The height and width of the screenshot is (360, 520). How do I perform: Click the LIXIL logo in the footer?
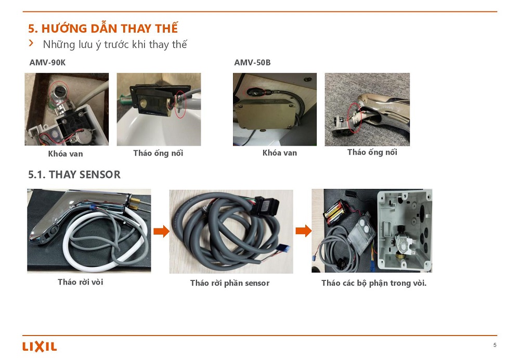pos(40,346)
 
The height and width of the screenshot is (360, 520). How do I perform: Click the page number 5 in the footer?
pos(495,345)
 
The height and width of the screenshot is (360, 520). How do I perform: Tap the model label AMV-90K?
pos(47,62)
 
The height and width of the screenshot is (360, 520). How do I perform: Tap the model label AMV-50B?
pos(252,62)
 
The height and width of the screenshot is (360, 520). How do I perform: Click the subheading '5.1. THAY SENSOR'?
pos(74,174)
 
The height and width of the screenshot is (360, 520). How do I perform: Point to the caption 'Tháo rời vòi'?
pos(80,282)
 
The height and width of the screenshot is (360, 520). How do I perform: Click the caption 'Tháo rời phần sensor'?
pos(229,283)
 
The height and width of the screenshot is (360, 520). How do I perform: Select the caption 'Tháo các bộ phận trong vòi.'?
pos(373,283)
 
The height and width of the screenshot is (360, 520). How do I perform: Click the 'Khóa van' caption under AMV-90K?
pos(66,153)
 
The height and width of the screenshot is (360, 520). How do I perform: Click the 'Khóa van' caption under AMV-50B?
pos(280,153)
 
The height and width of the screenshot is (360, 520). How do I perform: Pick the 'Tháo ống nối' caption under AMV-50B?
pos(372,152)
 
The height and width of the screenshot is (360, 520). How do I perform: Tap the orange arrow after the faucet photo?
pos(162,231)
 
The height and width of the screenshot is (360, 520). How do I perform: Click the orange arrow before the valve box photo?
pos(303,231)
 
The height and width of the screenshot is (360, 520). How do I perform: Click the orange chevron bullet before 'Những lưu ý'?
pos(31,44)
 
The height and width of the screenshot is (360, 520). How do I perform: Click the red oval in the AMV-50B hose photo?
pos(355,118)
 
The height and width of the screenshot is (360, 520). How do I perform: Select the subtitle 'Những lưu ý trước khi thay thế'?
pos(115,44)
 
